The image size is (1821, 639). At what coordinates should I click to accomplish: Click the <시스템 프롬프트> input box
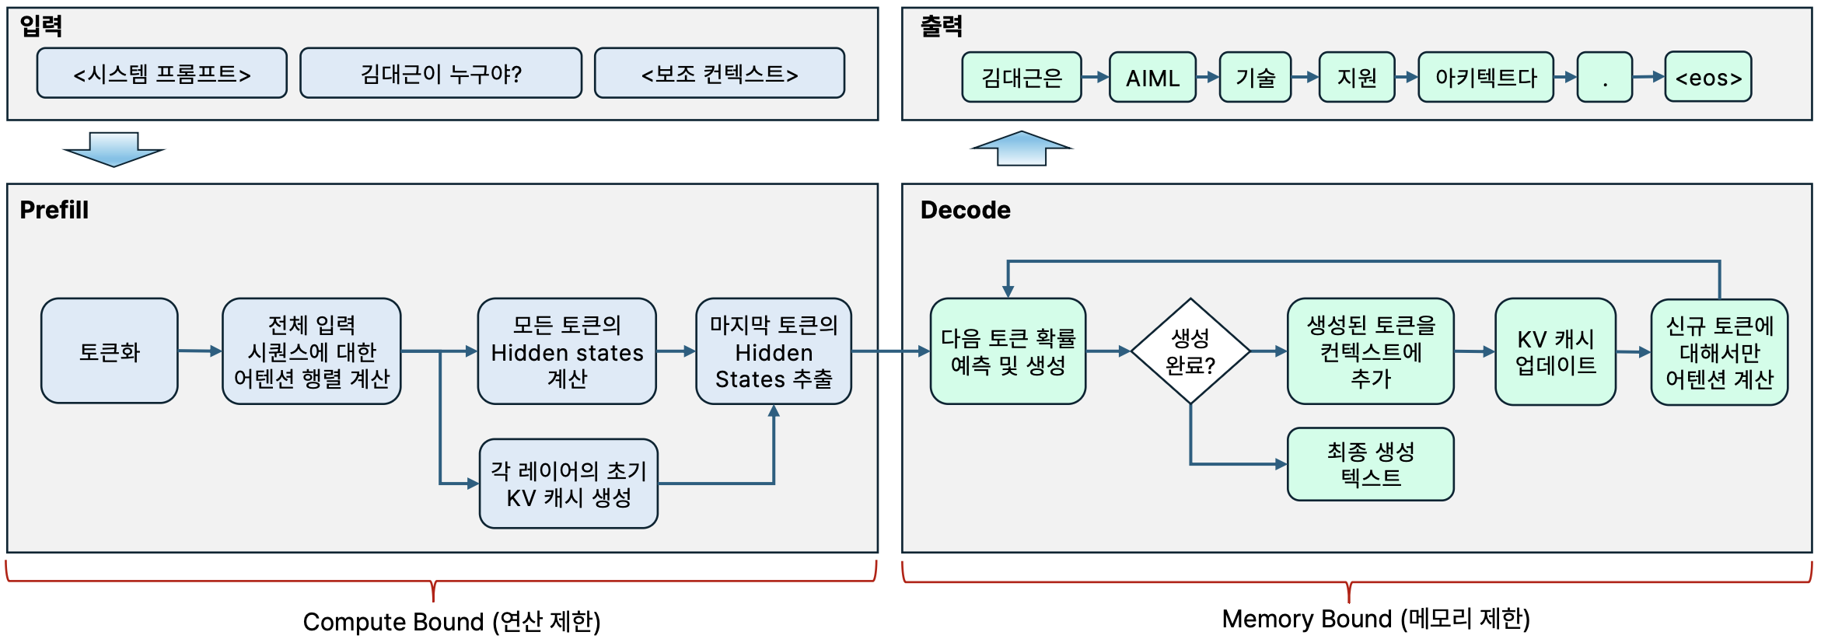point(162,74)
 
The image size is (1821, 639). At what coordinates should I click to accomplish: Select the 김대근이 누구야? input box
point(441,74)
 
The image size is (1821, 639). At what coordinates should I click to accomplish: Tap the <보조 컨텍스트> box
point(719,74)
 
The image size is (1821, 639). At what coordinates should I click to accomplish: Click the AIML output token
point(1152,78)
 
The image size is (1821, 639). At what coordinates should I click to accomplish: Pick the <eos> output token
point(1707,78)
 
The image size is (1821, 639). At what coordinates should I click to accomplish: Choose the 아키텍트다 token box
point(1485,78)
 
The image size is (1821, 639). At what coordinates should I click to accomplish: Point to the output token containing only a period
point(1604,78)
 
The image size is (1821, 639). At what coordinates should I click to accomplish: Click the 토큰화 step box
point(110,351)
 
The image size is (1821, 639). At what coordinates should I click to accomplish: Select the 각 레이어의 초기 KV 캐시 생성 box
point(568,484)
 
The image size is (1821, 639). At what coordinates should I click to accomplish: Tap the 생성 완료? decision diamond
point(1190,351)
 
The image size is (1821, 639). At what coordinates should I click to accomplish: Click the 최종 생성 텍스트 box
point(1370,464)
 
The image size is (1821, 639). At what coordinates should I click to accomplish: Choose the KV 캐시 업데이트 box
point(1555,351)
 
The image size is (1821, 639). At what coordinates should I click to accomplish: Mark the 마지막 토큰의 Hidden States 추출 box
point(774,351)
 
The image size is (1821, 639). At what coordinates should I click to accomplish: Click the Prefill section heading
point(54,210)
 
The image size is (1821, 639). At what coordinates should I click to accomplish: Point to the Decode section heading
point(965,210)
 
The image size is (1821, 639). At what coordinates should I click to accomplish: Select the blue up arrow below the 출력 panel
point(1022,148)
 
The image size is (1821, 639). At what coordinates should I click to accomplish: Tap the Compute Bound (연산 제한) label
point(452,621)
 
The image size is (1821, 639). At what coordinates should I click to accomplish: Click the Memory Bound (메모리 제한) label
point(1375,619)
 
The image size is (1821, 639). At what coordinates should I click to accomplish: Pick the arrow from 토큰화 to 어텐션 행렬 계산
point(200,351)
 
